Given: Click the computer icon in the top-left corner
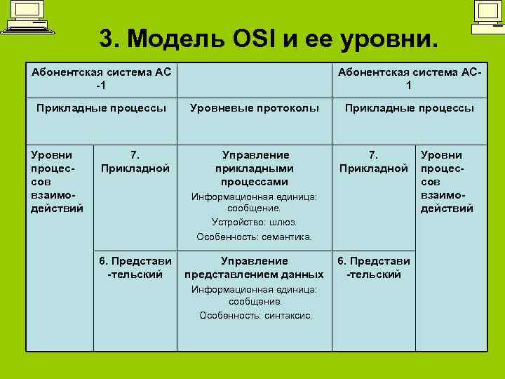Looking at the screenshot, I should coord(26,18).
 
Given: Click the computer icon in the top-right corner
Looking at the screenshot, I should coord(487,18).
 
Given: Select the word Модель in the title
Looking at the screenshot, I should coord(168,39).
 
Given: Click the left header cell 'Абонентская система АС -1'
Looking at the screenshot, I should coord(102,79).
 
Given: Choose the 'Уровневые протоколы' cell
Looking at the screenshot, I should coord(254,108).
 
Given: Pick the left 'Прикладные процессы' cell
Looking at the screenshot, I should coord(102,108).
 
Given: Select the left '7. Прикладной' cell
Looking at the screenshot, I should coord(135,161).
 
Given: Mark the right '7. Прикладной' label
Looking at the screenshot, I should coord(373,161).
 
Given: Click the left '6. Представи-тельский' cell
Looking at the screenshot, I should coord(135,267).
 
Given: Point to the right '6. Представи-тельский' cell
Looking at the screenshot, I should coord(373,267).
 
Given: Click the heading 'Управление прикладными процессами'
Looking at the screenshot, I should coord(254,168).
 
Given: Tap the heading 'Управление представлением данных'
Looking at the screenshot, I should coord(254,267).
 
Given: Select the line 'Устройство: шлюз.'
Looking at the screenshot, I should coord(254,222).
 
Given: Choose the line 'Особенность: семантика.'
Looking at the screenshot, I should coord(254,237).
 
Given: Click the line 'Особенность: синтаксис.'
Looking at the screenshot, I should coord(255,315).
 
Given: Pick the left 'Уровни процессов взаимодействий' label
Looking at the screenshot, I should coord(57,181).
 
